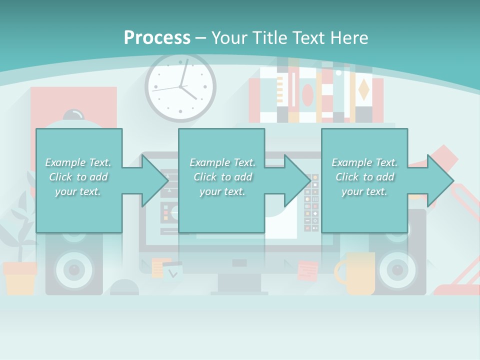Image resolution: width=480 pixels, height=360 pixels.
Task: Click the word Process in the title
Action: pos(157,37)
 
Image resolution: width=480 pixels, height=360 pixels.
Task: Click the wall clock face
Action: pos(180,87)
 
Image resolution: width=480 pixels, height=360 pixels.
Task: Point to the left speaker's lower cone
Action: pos(74,270)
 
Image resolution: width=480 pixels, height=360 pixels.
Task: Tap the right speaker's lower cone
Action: pos(398,270)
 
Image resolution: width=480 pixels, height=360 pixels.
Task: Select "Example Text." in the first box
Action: pos(78,162)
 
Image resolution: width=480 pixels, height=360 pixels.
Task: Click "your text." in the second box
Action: pos(222,191)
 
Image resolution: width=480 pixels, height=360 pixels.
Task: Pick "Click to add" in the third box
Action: pos(364,177)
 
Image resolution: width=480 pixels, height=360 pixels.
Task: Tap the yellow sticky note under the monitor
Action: pos(158,267)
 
